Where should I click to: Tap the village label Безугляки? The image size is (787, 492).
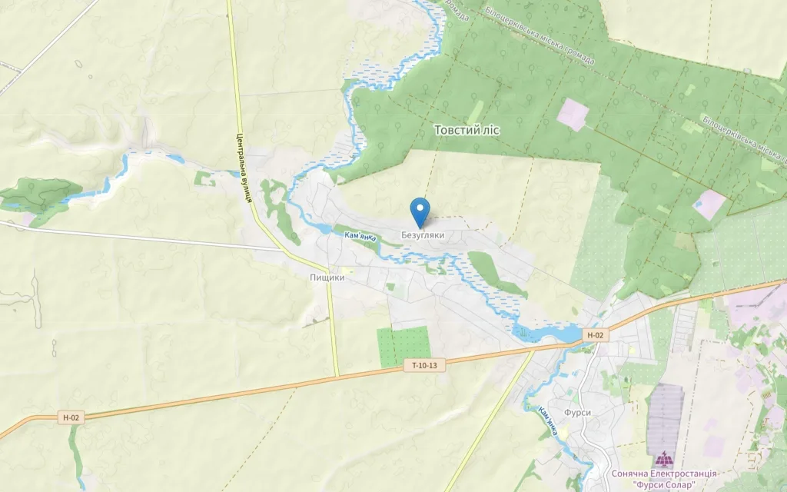[423, 235]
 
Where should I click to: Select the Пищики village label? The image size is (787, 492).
[327, 278]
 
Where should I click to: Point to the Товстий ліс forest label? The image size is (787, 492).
[467, 130]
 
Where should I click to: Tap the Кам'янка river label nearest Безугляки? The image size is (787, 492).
[360, 238]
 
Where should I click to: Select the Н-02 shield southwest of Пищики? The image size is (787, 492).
[71, 417]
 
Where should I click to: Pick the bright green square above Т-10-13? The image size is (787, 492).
[403, 346]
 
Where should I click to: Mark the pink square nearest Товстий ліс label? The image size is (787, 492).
[573, 114]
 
